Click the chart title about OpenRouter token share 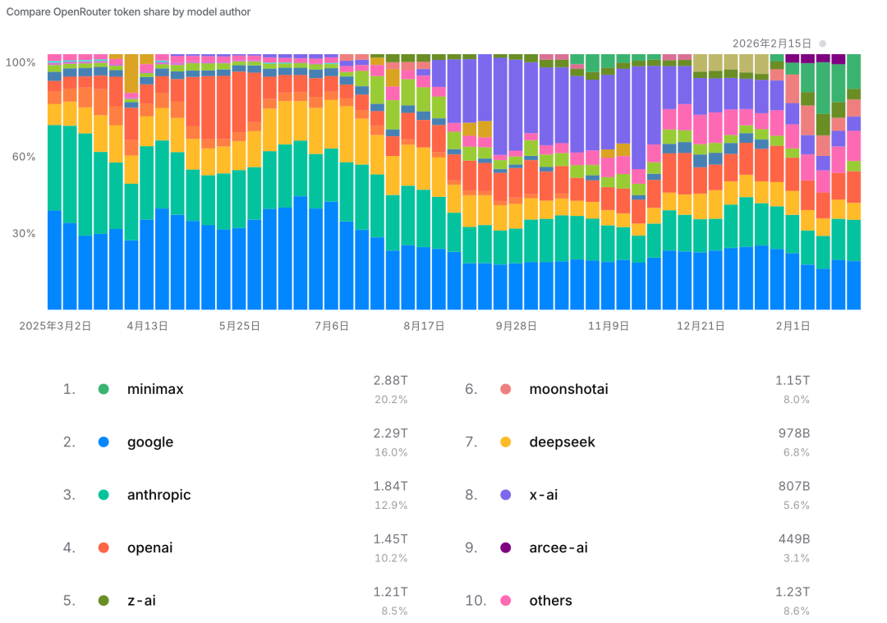coord(129,12)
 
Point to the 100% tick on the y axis coord(21,62)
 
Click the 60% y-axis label coord(22,157)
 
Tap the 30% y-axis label coord(22,233)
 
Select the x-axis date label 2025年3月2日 coord(55,326)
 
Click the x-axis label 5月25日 coord(240,326)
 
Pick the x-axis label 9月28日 coord(516,326)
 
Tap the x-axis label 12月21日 coord(701,326)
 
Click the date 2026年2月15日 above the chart coord(771,43)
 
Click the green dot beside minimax coord(103,389)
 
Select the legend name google coord(150,442)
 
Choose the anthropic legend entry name coord(159,495)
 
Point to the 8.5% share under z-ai coord(393,611)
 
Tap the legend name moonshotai coord(568,389)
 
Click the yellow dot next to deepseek coord(506,442)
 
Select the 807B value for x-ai coord(794,486)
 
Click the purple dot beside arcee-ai coord(506,547)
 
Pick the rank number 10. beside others coord(476,601)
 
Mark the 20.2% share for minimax coord(391,400)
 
